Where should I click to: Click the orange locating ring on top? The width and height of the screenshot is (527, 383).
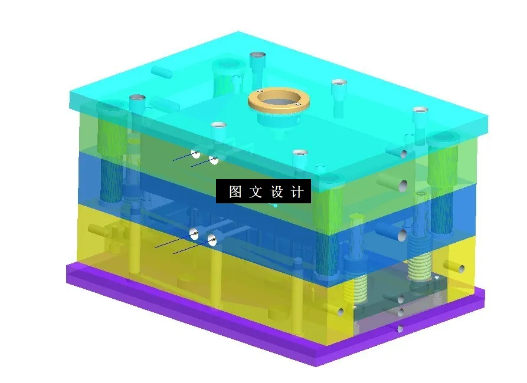click(279, 101)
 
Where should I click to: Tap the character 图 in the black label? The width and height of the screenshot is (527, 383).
click(235, 192)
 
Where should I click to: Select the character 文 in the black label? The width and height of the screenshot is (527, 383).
click(255, 192)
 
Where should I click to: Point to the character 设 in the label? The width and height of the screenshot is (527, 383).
click(277, 192)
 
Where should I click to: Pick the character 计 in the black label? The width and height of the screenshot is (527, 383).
click(297, 192)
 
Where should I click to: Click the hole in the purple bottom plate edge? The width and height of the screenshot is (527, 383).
click(401, 329)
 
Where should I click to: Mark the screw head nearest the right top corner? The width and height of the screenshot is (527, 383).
click(420, 111)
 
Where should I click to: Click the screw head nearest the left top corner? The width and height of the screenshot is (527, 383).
click(138, 97)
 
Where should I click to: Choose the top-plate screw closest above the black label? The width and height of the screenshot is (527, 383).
click(300, 154)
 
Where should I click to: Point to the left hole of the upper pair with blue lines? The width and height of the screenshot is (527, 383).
click(195, 154)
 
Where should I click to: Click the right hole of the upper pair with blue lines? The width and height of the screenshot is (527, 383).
click(214, 160)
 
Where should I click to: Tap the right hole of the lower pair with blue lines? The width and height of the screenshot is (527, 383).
click(212, 239)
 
